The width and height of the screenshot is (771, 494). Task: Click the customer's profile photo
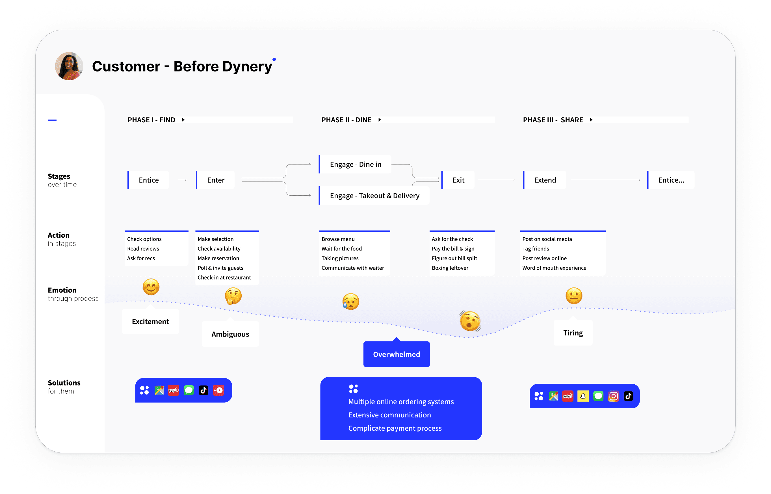pos(69,66)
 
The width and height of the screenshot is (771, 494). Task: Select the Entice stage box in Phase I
pos(148,180)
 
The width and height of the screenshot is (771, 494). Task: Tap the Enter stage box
pos(216,180)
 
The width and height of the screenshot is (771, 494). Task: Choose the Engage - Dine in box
pos(355,164)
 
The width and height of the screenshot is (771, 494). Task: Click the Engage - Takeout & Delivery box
pos(374,195)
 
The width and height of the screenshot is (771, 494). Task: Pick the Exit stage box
pos(458,180)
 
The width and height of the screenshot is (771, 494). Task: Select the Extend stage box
pos(545,180)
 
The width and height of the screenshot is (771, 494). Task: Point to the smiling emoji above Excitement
pos(151,287)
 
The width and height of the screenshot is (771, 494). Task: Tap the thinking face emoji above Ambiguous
pos(233,296)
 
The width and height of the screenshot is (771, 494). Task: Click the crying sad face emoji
pos(351,301)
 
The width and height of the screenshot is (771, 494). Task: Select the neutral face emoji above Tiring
pos(574,295)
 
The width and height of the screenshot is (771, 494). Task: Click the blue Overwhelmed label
pos(397,354)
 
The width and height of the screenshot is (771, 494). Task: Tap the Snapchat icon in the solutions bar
pos(583,396)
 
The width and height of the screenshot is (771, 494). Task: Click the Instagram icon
pos(614,396)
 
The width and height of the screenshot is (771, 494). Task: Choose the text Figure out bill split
pos(454,258)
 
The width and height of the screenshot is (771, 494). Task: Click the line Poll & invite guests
pos(220,268)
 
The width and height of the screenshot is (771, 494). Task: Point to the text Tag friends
pos(536,249)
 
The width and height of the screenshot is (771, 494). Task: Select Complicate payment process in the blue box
pos(395,428)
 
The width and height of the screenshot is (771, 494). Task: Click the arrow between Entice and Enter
pos(183,180)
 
